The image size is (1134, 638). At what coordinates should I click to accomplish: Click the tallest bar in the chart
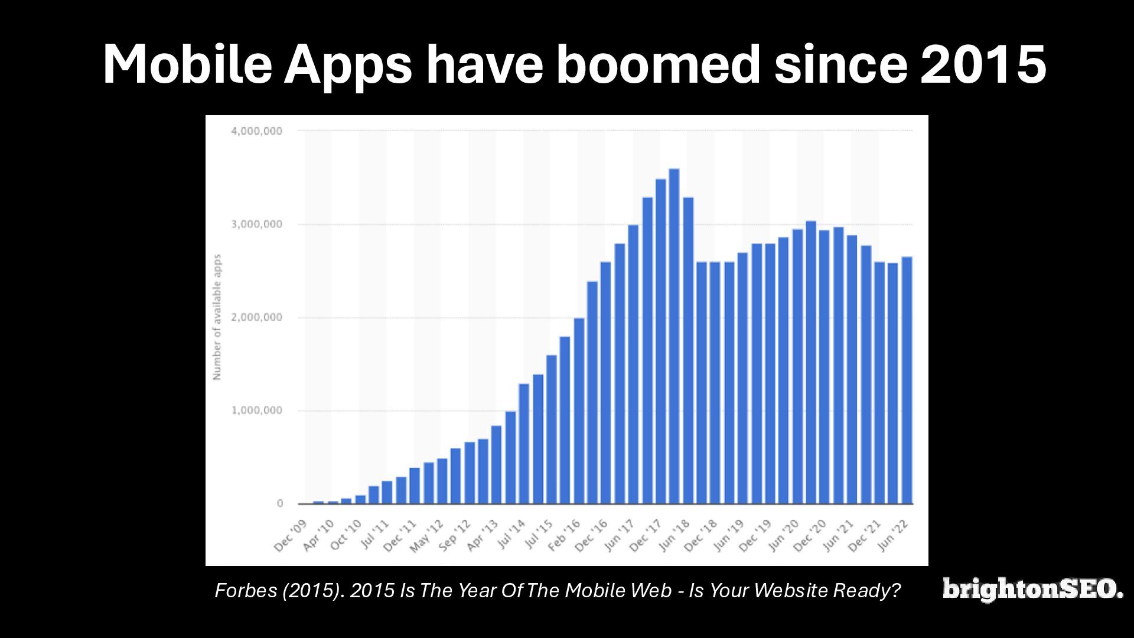tap(674, 337)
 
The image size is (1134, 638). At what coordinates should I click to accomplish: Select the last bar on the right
tap(907, 380)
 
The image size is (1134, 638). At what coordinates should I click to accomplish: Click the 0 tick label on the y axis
tap(280, 504)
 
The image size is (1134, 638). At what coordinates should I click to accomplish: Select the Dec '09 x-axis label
tap(291, 535)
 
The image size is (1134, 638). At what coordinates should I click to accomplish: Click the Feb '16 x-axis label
tap(565, 535)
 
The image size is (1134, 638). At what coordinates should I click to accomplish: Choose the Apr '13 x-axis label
tap(483, 535)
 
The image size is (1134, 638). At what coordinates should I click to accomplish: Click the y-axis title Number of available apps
tap(217, 317)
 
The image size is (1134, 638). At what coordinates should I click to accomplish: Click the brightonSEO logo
tap(1033, 590)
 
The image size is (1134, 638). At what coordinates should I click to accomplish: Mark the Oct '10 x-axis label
tap(346, 535)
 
